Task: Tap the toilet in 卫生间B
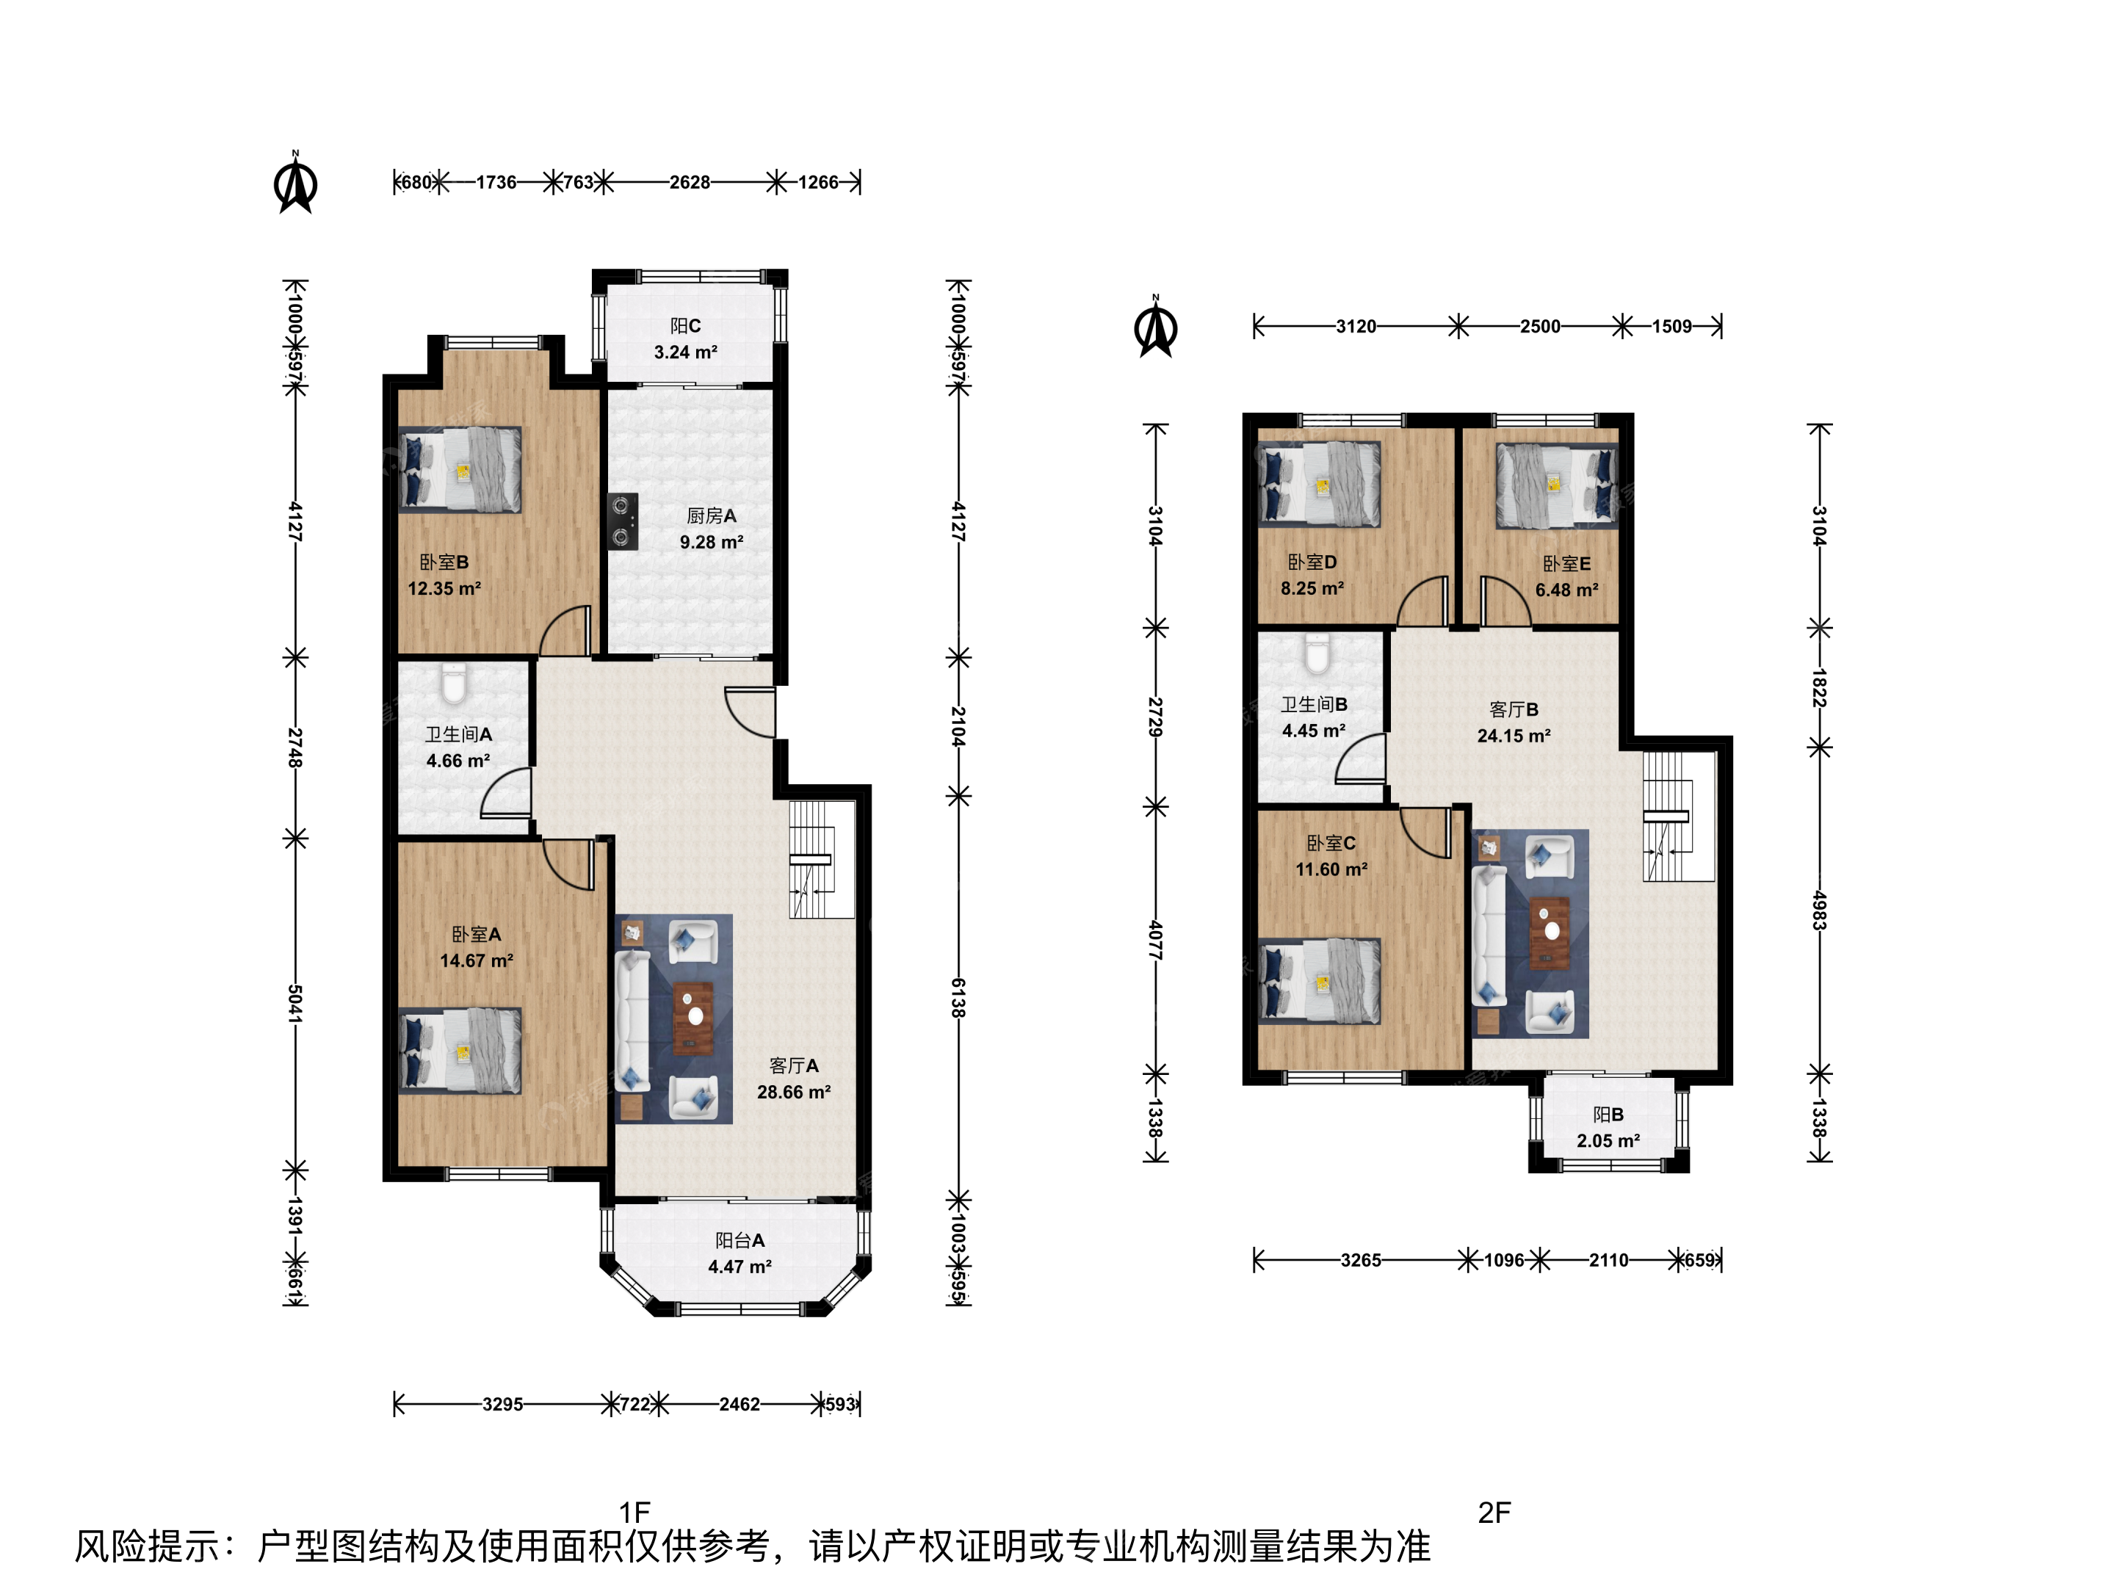1317,654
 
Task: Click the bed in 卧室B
460,469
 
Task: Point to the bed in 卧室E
1557,485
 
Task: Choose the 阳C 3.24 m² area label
686,339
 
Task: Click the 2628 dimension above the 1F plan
690,181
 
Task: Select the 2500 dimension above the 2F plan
1541,326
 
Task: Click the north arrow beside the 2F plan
1156,326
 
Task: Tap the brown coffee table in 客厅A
693,1018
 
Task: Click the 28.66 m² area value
794,1092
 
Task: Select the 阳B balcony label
1608,1115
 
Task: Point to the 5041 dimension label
295,1004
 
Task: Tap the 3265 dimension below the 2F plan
1361,1260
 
